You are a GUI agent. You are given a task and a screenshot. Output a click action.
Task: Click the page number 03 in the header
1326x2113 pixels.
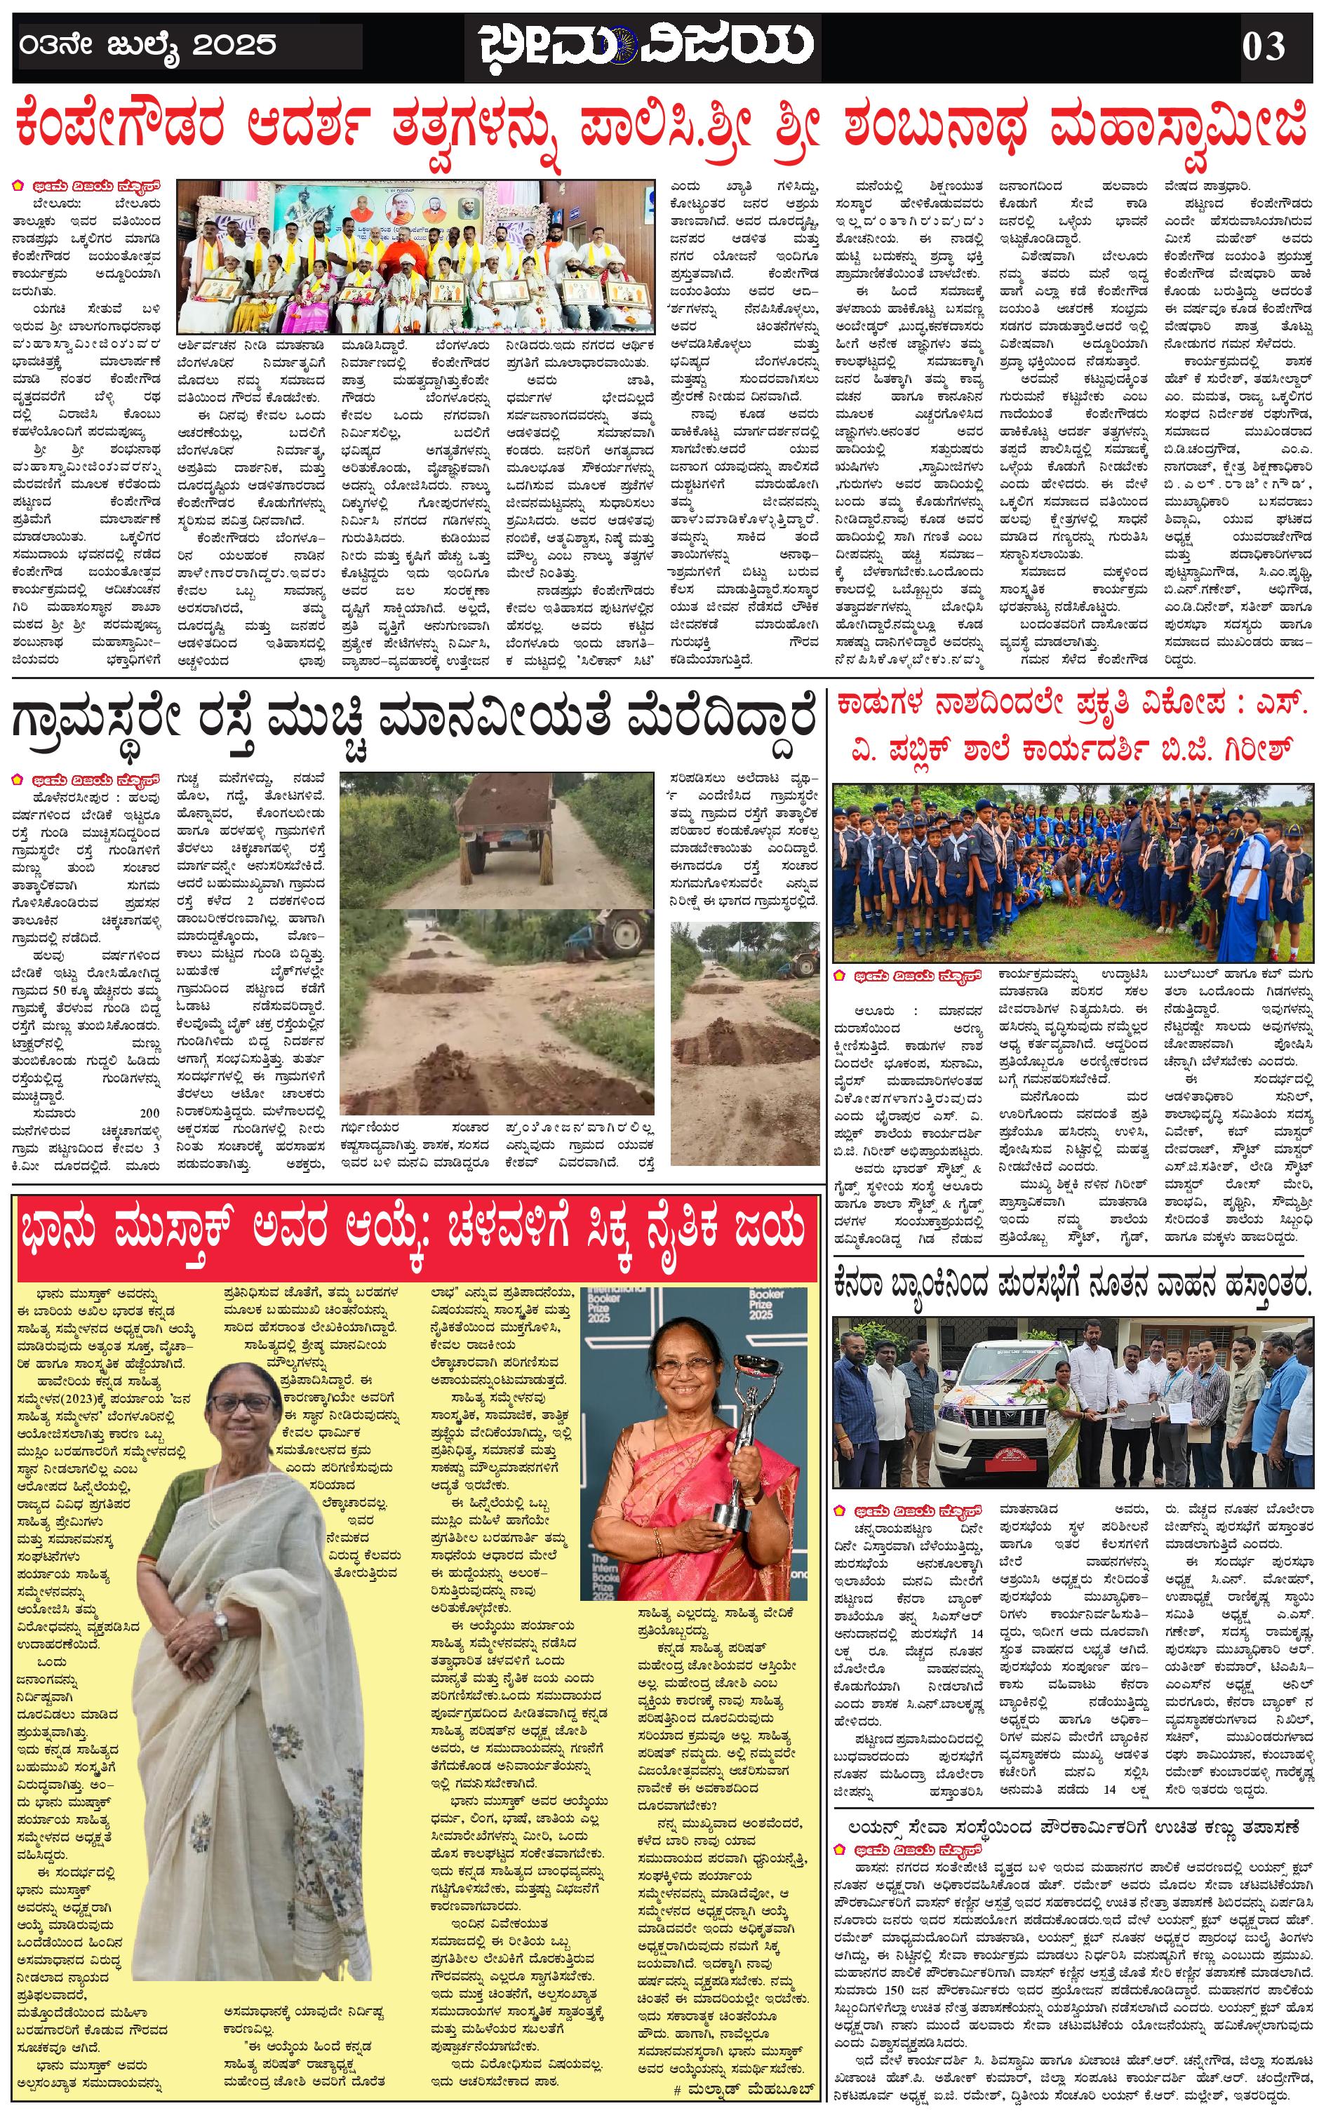(1263, 46)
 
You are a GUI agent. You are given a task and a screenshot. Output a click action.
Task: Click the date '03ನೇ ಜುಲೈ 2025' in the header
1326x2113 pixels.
(147, 46)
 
